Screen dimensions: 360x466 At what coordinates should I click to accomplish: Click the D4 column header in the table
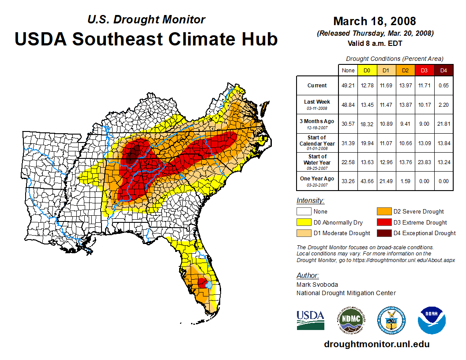(x=443, y=70)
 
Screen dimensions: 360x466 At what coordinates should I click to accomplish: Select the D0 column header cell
(x=366, y=70)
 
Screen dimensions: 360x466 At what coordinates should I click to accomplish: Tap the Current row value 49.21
(x=347, y=86)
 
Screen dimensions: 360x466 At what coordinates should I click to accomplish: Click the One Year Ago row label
(x=317, y=179)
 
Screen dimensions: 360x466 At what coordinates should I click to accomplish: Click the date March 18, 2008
(x=374, y=21)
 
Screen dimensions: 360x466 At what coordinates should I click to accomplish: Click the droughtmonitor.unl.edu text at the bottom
(x=376, y=344)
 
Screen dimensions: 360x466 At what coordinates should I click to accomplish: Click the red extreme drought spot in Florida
(x=202, y=282)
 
